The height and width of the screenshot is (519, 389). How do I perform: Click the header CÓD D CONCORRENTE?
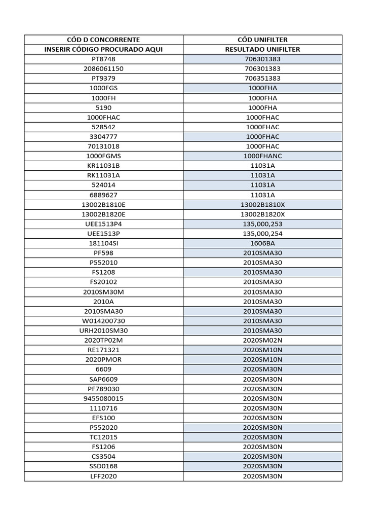103,40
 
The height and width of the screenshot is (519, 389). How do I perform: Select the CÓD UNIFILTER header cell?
262,40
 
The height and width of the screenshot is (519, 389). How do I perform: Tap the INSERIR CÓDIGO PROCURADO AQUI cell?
103,49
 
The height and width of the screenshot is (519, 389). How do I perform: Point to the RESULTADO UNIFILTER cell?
262,49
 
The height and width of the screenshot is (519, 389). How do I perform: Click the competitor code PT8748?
103,59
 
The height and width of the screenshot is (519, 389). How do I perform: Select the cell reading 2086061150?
103,68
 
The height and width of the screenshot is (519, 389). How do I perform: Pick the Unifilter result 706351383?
262,79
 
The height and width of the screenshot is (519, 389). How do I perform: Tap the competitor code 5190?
103,107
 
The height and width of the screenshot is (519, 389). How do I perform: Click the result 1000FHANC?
262,156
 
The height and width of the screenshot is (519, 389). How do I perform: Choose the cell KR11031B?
103,166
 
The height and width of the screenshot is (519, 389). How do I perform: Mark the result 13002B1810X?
262,204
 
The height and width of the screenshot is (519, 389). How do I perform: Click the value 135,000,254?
262,234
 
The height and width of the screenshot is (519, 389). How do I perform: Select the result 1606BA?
262,243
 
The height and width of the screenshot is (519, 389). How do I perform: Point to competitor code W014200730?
103,321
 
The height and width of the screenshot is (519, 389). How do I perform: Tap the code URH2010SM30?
103,330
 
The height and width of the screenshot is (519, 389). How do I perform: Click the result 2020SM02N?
262,340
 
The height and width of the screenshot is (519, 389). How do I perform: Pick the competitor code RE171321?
103,350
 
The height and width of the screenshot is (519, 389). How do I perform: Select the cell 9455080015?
103,398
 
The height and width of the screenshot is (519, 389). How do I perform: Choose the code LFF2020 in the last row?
103,476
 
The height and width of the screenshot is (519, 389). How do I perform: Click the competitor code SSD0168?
103,466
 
